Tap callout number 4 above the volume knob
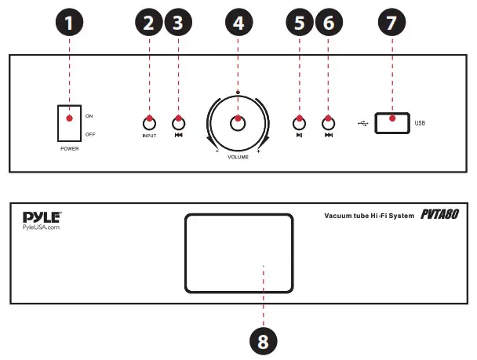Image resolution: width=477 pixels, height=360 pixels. coord(238,24)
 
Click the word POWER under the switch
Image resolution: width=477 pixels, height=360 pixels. coord(69,147)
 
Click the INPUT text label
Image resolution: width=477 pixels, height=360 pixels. coord(148,136)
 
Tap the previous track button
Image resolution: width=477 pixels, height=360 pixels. coord(179,122)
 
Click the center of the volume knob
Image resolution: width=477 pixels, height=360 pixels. coord(238,123)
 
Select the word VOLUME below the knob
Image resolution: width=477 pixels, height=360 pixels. coord(238,158)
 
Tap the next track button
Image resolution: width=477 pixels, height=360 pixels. coord(328,122)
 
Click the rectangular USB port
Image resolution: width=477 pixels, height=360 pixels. coord(392,122)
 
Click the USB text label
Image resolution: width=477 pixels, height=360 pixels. coord(420,123)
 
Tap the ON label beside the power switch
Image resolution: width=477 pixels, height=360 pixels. coord(89,115)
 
